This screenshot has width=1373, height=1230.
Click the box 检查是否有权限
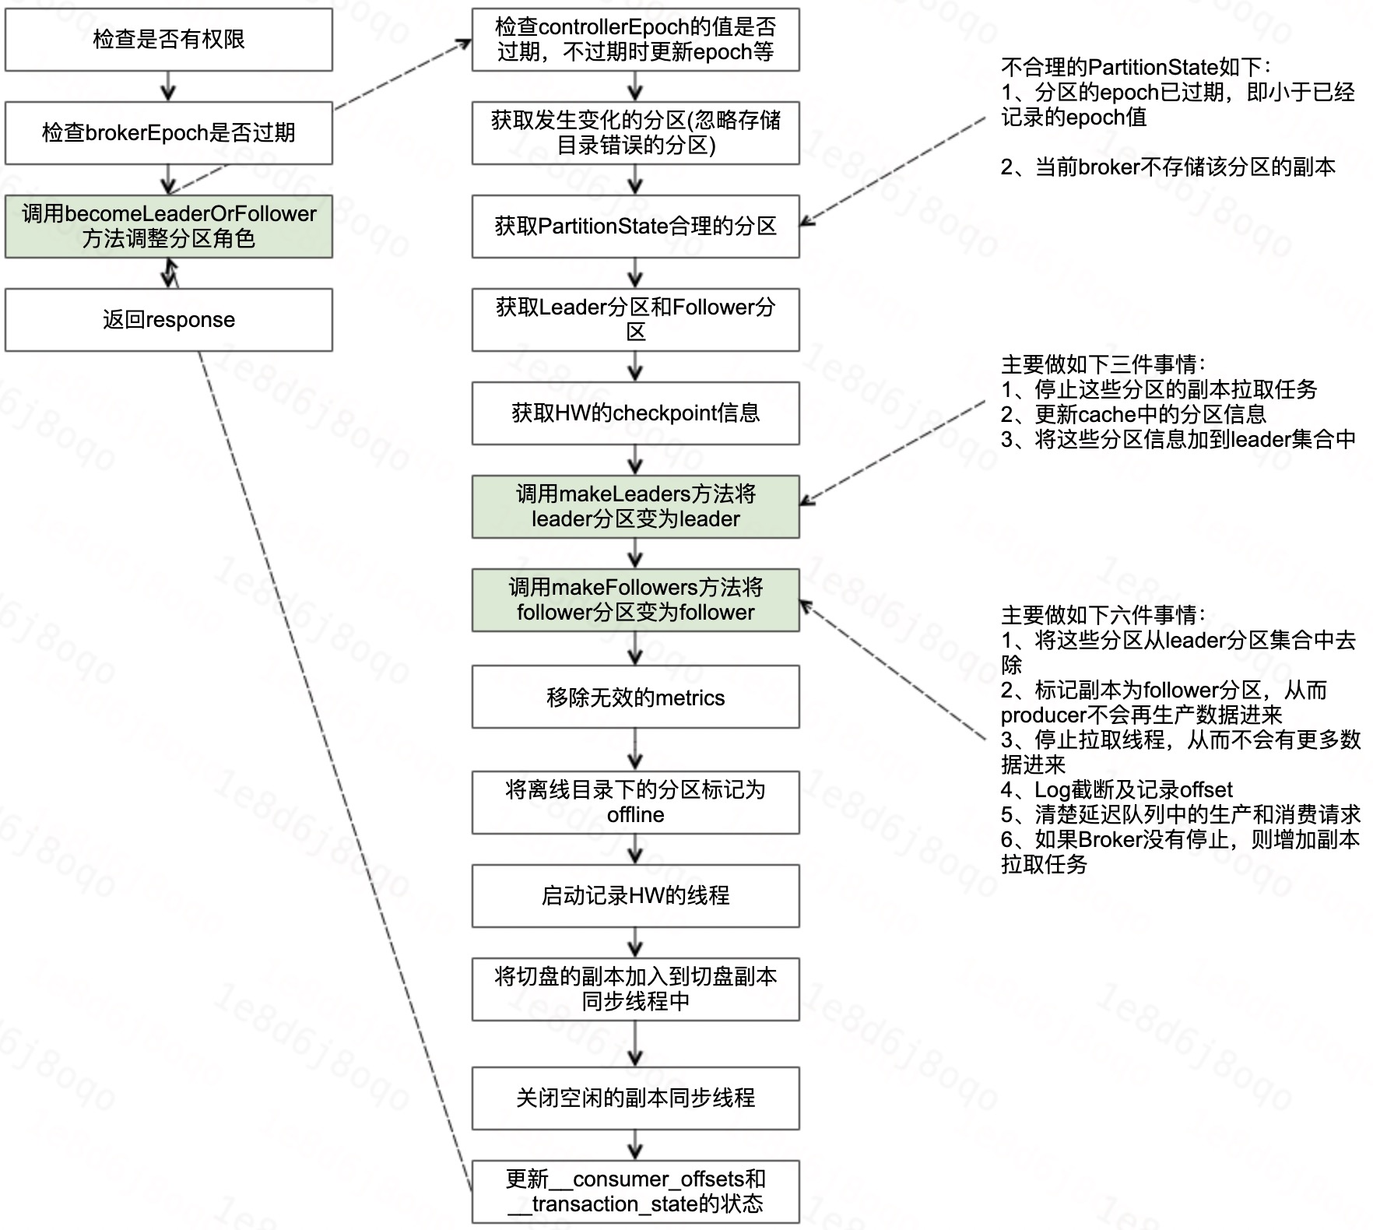168,40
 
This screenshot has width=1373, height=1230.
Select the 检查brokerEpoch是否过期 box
168,132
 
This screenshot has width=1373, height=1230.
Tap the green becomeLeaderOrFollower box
168,226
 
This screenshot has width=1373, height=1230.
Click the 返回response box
168,319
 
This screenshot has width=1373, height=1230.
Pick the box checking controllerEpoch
635,40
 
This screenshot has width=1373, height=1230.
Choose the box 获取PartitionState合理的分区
635,226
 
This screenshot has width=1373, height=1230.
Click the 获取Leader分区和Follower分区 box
635,319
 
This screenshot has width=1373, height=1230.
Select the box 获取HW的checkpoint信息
635,413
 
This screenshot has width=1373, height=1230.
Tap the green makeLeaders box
635,506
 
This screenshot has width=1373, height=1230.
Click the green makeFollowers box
635,599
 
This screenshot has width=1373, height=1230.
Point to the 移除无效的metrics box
635,697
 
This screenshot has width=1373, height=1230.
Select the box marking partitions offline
635,802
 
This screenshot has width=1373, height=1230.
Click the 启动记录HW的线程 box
635,895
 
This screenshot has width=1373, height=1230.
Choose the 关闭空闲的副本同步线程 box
635,1098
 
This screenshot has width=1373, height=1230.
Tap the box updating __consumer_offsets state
635,1191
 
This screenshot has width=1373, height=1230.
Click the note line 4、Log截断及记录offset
1116,789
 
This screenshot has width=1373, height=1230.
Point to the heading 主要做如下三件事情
1102,364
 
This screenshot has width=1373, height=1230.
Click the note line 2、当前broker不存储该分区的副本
1168,167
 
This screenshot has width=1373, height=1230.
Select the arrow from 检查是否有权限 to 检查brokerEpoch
168,86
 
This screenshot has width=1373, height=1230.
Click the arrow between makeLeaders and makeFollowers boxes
635,553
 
